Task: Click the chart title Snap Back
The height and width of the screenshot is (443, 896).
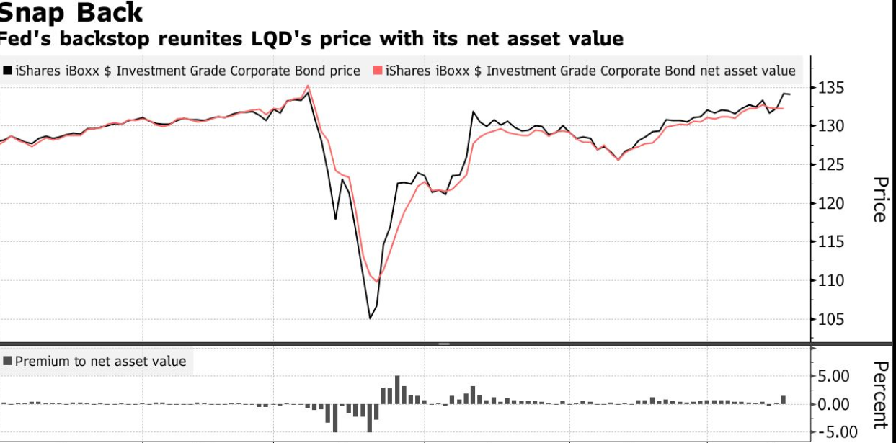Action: pyautogui.click(x=71, y=13)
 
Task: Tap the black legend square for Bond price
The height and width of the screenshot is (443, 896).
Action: pyautogui.click(x=7, y=71)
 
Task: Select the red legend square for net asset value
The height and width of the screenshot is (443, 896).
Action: pyautogui.click(x=378, y=71)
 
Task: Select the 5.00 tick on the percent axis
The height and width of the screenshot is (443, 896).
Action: pyautogui.click(x=833, y=376)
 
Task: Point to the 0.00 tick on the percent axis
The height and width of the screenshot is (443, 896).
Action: pyautogui.click(x=833, y=405)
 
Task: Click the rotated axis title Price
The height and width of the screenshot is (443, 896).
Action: pyautogui.click(x=879, y=200)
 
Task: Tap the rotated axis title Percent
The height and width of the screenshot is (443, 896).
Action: pyautogui.click(x=879, y=395)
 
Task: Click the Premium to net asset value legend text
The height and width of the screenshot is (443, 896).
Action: pyautogui.click(x=100, y=362)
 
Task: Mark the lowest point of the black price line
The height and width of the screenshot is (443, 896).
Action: pyautogui.click(x=370, y=318)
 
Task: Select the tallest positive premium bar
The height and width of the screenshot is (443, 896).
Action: pyautogui.click(x=397, y=390)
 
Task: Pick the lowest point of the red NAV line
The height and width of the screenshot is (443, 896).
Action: pyautogui.click(x=377, y=282)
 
